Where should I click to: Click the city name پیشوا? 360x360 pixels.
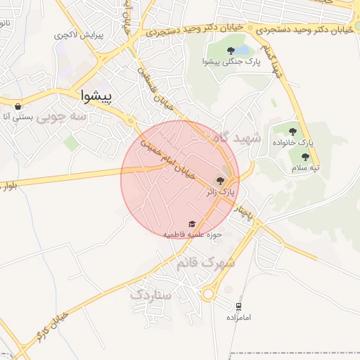click(97, 94)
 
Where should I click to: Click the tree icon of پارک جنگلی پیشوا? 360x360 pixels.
click(231, 51)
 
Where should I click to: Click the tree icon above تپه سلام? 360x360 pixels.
click(305, 157)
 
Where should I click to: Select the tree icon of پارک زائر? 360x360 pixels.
click(220, 180)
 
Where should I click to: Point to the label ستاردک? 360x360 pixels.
click(150, 295)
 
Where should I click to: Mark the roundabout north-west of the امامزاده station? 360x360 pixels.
click(209, 295)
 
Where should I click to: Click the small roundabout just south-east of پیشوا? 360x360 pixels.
click(130, 122)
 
